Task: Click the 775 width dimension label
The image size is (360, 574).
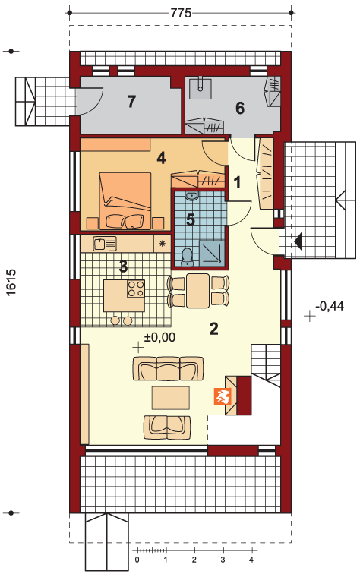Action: click(181, 13)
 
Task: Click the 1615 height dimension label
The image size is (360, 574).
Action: click(11, 282)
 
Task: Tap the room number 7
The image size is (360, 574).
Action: click(131, 102)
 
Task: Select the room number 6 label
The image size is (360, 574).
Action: click(240, 108)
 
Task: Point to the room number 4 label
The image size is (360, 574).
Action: click(161, 158)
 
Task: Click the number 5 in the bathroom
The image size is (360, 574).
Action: click(191, 219)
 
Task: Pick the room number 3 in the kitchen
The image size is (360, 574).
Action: click(124, 266)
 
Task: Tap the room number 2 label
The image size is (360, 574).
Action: click(214, 328)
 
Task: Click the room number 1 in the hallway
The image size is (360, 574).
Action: click(237, 182)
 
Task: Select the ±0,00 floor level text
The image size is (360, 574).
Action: click(159, 337)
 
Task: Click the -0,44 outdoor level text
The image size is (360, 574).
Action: click(330, 306)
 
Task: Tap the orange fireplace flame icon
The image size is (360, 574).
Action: click(221, 397)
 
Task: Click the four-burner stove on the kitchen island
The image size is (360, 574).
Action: click(136, 288)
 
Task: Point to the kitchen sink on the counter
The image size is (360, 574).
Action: click(105, 244)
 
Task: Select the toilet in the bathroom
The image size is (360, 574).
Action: click(187, 256)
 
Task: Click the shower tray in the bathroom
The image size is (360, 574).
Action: click(212, 251)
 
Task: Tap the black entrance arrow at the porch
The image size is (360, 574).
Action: click(298, 241)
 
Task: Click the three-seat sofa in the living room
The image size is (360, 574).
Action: click(168, 369)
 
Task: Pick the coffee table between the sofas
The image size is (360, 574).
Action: click(171, 398)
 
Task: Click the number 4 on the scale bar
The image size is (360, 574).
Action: click(251, 560)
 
